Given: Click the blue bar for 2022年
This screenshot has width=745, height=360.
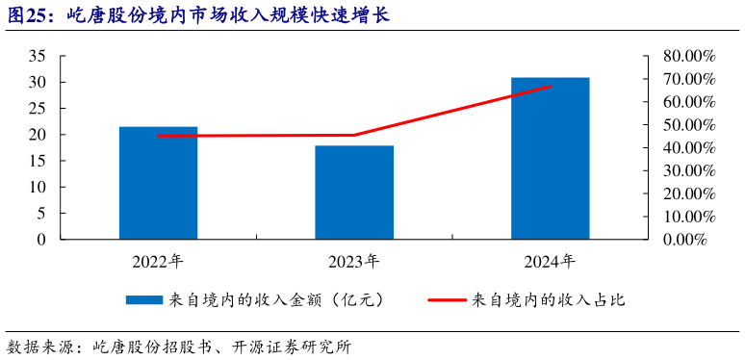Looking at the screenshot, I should pos(158,183).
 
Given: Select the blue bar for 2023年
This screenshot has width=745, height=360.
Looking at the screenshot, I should pos(354,193).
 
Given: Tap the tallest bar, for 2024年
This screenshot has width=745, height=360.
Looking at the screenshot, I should pos(550,158).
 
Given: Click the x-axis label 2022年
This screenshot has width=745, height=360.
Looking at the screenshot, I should pos(158,261).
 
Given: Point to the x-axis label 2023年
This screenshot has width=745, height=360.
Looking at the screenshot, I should pos(354,261).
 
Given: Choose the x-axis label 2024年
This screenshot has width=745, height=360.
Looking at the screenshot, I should pos(550,261).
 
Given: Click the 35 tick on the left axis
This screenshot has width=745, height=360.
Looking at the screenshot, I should pos(38,56).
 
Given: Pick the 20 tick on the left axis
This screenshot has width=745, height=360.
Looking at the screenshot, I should pos(38,135).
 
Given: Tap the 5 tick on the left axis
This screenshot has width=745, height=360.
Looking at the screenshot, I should pos(41,214).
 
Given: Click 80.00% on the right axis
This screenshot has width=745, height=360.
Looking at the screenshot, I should pos(688,56).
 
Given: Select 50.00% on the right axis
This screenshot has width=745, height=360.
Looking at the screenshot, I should pos(688,125).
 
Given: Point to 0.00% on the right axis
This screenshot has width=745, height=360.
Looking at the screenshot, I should pos(692,240).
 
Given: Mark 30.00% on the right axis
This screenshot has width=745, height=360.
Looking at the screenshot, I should pos(688,170).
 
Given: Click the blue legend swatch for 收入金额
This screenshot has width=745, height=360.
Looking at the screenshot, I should pos(144,300).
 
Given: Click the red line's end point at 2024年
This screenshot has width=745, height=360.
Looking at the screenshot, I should pos(551,86).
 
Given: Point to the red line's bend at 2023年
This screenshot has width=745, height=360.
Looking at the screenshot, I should pos(354,135).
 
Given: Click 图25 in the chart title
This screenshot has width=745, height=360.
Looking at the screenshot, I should pos(29,15).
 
